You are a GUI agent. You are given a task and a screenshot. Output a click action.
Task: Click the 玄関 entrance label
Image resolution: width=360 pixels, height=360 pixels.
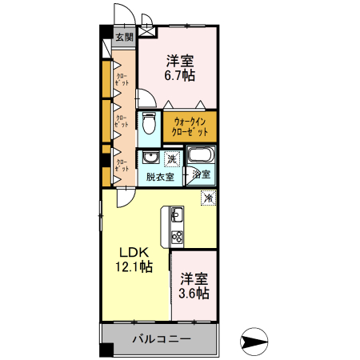pyautogui.click(x=123, y=37)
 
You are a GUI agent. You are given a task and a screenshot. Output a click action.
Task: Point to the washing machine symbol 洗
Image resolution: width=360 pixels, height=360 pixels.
pyautogui.click(x=172, y=159)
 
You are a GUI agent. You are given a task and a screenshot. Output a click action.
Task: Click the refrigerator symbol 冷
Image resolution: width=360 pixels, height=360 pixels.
pyautogui.click(x=208, y=197)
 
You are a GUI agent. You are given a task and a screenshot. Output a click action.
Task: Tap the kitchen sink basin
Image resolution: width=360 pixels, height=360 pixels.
pyautogui.click(x=176, y=214)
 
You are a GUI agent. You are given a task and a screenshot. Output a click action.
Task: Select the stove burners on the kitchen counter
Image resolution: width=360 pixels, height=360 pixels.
pyautogui.click(x=176, y=238)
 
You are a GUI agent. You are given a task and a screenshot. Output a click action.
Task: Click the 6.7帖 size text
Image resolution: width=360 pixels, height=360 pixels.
pyautogui.click(x=180, y=76)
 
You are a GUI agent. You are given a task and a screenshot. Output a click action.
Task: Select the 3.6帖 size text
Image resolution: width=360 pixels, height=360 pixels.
pyautogui.click(x=194, y=294)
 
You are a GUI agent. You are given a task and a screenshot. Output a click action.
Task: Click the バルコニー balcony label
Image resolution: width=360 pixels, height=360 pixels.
pyautogui.click(x=162, y=339)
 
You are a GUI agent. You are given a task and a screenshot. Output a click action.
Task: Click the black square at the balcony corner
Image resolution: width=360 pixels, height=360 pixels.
pyautogui.click(x=105, y=350)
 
